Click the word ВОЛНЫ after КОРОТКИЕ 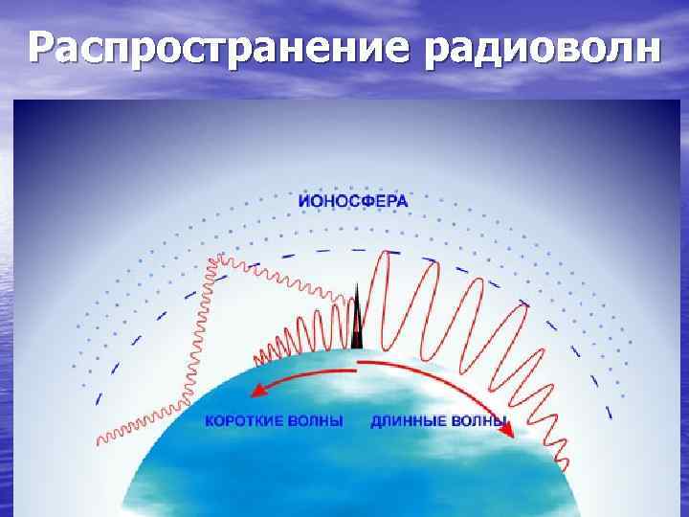point(319,420)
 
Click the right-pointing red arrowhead point(507,431)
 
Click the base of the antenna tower point(356,347)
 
